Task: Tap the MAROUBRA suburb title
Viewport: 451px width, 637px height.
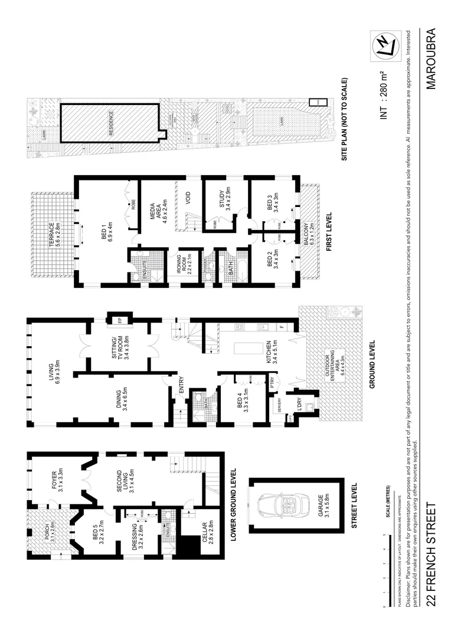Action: [x=432, y=58]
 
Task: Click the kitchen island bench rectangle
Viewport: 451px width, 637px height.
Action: [x=240, y=349]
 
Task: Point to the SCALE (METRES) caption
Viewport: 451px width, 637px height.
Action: [x=387, y=505]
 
